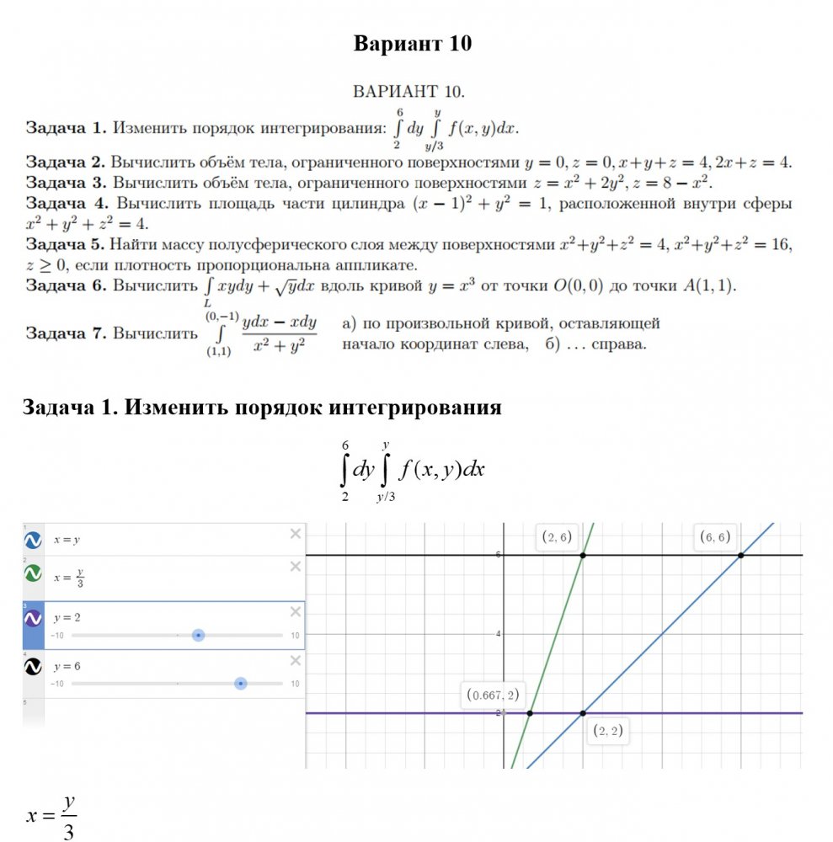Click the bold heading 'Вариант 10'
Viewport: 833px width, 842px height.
pos(413,44)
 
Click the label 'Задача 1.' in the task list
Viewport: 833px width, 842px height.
pos(66,129)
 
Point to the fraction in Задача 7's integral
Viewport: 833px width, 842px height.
pos(279,334)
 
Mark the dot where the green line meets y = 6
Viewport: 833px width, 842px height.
pos(583,555)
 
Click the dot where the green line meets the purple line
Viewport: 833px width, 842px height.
pos(530,713)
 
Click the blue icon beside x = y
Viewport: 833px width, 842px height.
pos(33,539)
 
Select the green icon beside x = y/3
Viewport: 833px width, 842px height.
pos(33,573)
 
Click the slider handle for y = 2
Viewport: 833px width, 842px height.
pos(198,635)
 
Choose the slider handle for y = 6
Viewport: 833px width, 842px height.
pos(241,684)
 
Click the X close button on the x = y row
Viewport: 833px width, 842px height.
pos(295,533)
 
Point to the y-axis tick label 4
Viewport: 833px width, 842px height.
pos(498,634)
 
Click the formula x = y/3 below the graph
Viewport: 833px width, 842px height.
pos(53,815)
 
